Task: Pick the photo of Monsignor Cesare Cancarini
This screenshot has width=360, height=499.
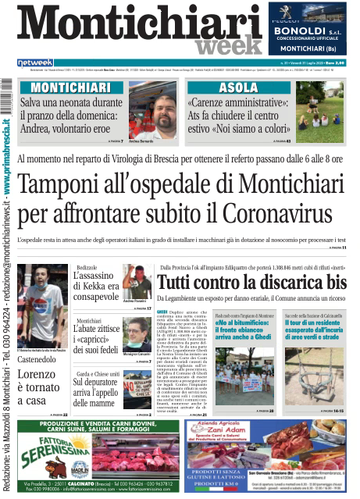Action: click(137, 334)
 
